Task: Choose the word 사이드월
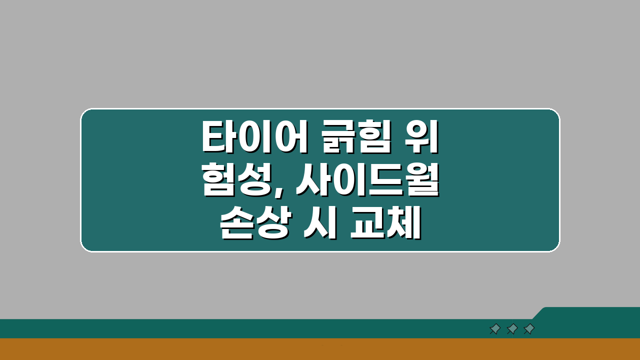tap(366, 182)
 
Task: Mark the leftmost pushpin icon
tap(495, 328)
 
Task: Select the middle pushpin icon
tap(512, 328)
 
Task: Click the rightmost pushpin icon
tap(529, 328)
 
